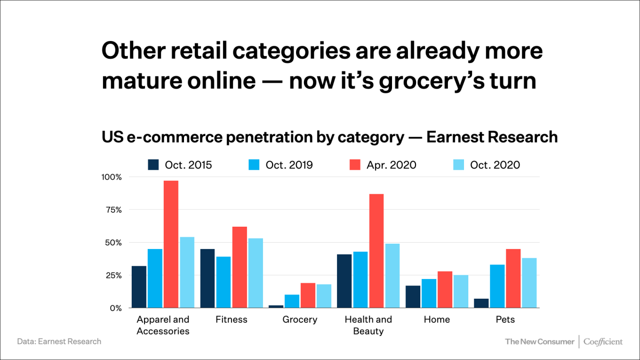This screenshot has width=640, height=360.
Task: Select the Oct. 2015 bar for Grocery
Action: (276, 307)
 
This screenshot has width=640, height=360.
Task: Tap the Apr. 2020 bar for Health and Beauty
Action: (377, 251)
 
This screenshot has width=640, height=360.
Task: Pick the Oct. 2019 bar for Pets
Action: (497, 286)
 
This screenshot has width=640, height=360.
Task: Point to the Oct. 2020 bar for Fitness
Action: (255, 273)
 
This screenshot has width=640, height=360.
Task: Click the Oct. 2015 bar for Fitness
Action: (207, 278)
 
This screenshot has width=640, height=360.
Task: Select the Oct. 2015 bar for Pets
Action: (482, 303)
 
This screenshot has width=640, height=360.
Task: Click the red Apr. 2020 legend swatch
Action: (355, 165)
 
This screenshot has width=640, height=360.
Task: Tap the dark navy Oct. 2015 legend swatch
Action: (154, 165)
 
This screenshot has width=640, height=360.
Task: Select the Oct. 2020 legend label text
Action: (494, 165)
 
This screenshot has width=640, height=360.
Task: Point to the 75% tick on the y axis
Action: (113, 210)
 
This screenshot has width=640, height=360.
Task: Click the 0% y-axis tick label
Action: (116, 308)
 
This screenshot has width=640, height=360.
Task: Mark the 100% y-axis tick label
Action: (111, 177)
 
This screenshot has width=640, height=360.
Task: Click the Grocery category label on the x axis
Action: (300, 319)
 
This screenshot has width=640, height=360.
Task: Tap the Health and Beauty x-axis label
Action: (368, 325)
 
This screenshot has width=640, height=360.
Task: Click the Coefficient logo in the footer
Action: (603, 341)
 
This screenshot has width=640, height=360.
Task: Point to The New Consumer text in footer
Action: (539, 341)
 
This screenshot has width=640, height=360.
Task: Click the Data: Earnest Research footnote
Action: (59, 341)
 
